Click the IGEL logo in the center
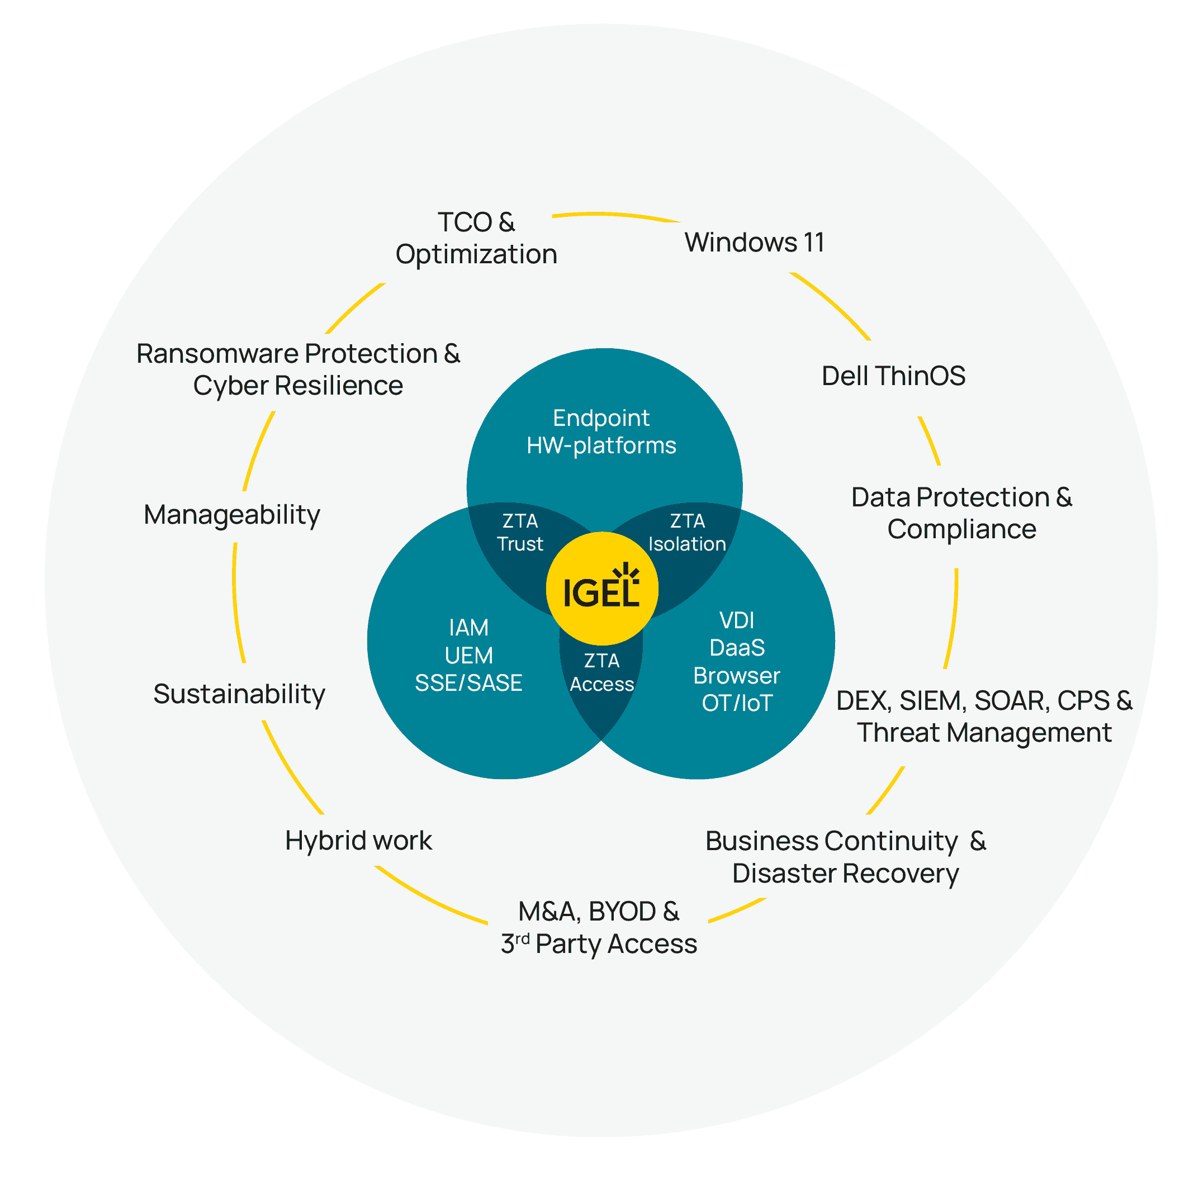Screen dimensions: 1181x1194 pyautogui.click(x=601, y=590)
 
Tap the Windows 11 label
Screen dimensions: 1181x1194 pyautogui.click(x=754, y=242)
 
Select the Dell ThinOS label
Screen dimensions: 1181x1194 pyautogui.click(x=893, y=376)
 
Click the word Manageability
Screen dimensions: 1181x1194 pyautogui.click(x=232, y=515)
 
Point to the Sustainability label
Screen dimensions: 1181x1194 pyautogui.click(x=239, y=694)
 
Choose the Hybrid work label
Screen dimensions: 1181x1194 pyautogui.click(x=358, y=841)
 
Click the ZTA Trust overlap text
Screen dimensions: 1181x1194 pyautogui.click(x=520, y=533)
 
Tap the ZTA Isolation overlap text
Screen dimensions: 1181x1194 pyautogui.click(x=687, y=533)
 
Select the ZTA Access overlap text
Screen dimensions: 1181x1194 pyautogui.click(x=601, y=672)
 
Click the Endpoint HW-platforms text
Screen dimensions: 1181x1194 pyautogui.click(x=601, y=431)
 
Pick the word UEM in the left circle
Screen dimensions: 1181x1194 pyautogui.click(x=468, y=655)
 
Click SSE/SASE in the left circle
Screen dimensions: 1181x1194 pyautogui.click(x=468, y=683)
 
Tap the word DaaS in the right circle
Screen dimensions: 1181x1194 pyautogui.click(x=737, y=648)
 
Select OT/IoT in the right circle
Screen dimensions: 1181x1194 pyautogui.click(x=737, y=703)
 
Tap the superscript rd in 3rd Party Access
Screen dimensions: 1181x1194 pyautogui.click(x=522, y=939)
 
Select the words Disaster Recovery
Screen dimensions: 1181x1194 pyautogui.click(x=845, y=874)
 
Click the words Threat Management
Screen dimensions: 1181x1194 pyautogui.click(x=984, y=733)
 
